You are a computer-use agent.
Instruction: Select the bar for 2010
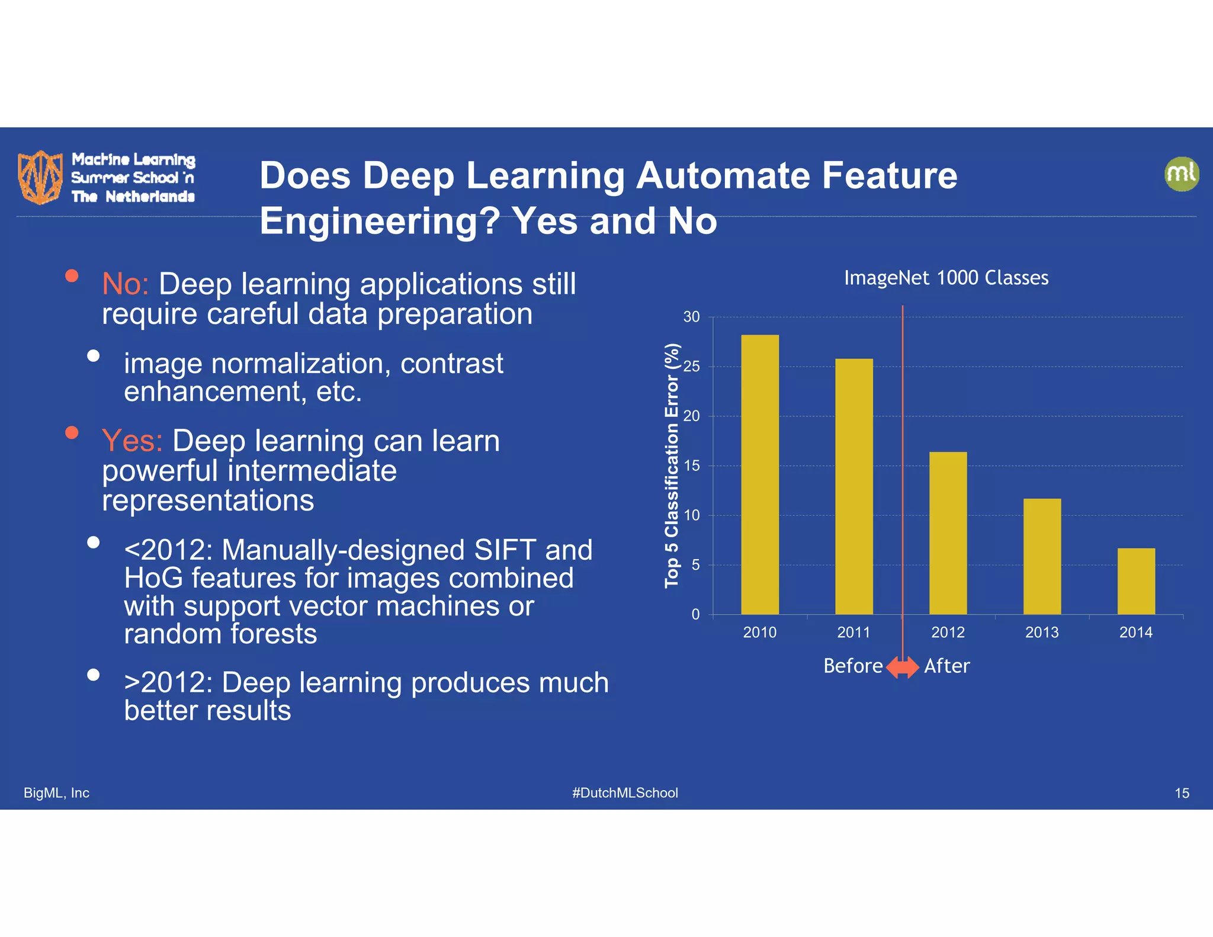pyautogui.click(x=760, y=474)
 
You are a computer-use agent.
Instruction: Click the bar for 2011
pyautogui.click(x=853, y=486)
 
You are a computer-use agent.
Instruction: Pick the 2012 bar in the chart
pyautogui.click(x=948, y=533)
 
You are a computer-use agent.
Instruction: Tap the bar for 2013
pyautogui.click(x=1042, y=557)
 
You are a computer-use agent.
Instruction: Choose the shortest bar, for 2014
pyautogui.click(x=1136, y=581)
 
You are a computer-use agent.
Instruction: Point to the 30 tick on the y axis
pyautogui.click(x=691, y=317)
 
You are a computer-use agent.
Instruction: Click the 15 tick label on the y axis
pyautogui.click(x=691, y=466)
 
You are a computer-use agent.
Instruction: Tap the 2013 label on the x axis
pyautogui.click(x=1042, y=633)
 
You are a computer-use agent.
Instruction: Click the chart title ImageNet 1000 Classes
pyautogui.click(x=946, y=278)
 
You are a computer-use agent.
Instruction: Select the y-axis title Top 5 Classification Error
pyautogui.click(x=672, y=466)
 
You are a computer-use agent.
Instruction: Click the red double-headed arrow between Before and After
pyautogui.click(x=902, y=667)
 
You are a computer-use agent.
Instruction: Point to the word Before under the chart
pyautogui.click(x=853, y=666)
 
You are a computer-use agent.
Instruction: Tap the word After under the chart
pyautogui.click(x=946, y=666)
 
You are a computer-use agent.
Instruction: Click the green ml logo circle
pyautogui.click(x=1181, y=174)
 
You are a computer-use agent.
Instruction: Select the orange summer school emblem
pyautogui.click(x=40, y=177)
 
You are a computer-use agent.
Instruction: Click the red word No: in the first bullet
pyautogui.click(x=125, y=284)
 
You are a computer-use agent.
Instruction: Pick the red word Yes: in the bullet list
pyautogui.click(x=132, y=441)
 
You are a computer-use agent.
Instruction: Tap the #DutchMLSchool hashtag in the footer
pyautogui.click(x=625, y=792)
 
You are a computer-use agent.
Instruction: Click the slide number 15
pyautogui.click(x=1182, y=793)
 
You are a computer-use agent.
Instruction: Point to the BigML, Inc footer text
pyautogui.click(x=56, y=792)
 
